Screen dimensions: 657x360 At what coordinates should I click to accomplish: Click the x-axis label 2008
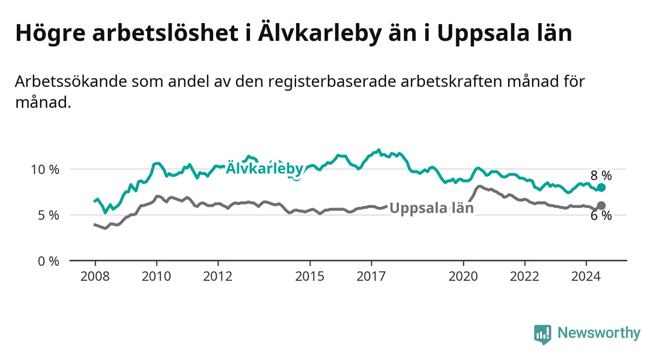coord(95,277)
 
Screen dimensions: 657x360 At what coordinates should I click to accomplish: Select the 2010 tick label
coord(156,277)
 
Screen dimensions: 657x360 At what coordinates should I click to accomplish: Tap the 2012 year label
coord(218,277)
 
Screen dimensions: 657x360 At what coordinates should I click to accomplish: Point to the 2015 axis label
coord(310,277)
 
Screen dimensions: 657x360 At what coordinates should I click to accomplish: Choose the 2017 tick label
coord(371,277)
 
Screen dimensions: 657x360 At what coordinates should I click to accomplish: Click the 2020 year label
coord(463,277)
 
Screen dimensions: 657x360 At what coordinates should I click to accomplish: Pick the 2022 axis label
coord(525,277)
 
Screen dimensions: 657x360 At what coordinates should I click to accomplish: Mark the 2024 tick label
coord(586,277)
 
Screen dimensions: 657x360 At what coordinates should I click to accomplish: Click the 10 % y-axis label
coord(45,170)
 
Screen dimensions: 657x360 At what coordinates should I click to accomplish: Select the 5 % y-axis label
coord(49,216)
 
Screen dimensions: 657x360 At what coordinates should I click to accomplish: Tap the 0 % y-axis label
coord(49,261)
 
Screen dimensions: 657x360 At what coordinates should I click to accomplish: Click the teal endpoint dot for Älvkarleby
coord(601,187)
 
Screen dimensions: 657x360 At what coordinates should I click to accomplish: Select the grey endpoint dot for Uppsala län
coord(601,206)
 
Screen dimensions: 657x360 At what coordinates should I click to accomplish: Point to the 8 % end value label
coord(601,176)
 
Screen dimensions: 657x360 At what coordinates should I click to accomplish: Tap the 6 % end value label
coord(601,216)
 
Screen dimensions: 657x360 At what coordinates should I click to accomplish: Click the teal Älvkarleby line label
coord(264,168)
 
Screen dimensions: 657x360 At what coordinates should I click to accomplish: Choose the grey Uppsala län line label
coord(431,208)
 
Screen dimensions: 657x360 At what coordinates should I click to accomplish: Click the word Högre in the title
coord(51,33)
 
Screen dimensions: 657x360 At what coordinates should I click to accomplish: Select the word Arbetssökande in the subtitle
coord(71,81)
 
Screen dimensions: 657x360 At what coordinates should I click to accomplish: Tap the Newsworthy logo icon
coord(542,334)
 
